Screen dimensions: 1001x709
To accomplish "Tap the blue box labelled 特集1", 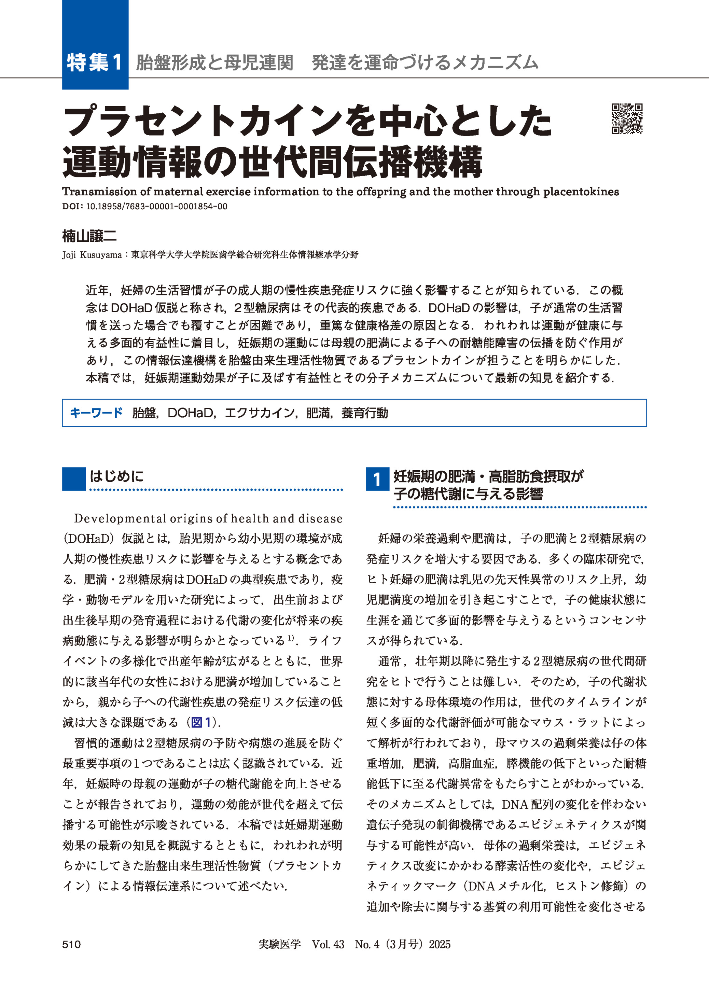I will click(95, 62).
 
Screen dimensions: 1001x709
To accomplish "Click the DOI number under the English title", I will click(156, 207).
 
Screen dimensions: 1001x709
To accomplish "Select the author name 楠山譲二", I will click(89, 236).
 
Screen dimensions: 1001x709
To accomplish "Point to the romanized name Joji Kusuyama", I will click(92, 255).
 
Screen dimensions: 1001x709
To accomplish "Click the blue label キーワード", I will click(96, 413).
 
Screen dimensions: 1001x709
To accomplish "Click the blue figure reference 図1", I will click(201, 722).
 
